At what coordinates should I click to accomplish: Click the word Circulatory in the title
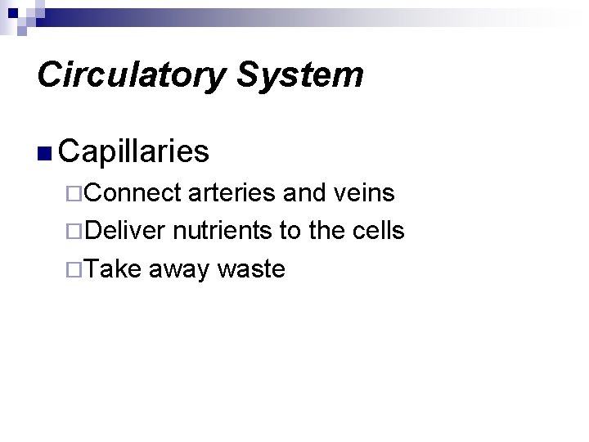click(129, 75)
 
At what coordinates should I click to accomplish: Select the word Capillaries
click(134, 151)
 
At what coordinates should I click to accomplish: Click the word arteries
click(233, 193)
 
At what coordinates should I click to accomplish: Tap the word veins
click(366, 193)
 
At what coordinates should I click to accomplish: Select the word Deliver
click(127, 231)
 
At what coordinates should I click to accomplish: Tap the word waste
click(251, 269)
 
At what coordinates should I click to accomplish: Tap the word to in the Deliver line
click(290, 232)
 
